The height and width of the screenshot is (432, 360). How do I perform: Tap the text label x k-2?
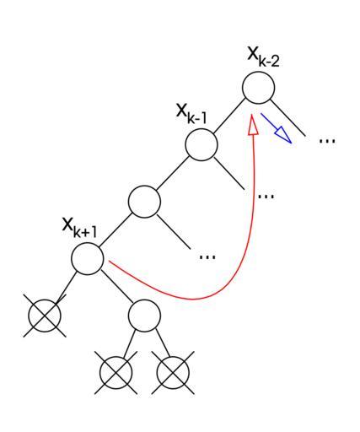coord(263,57)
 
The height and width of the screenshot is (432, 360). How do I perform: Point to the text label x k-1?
coord(191,114)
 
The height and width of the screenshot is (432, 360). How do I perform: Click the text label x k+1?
coord(79,228)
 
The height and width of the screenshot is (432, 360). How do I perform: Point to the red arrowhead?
coord(253,124)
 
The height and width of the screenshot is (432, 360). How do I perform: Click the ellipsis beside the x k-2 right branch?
coord(327,140)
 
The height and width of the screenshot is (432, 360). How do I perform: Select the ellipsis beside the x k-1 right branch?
coord(266,196)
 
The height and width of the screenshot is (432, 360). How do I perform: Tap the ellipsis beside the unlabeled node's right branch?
coord(207,256)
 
